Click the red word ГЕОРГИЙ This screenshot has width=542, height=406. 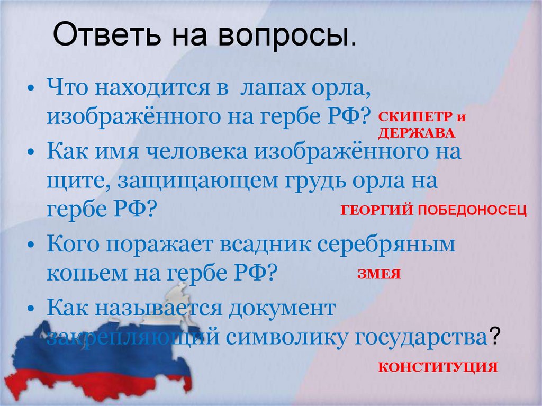point(376,211)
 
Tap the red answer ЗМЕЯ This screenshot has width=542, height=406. point(378,274)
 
